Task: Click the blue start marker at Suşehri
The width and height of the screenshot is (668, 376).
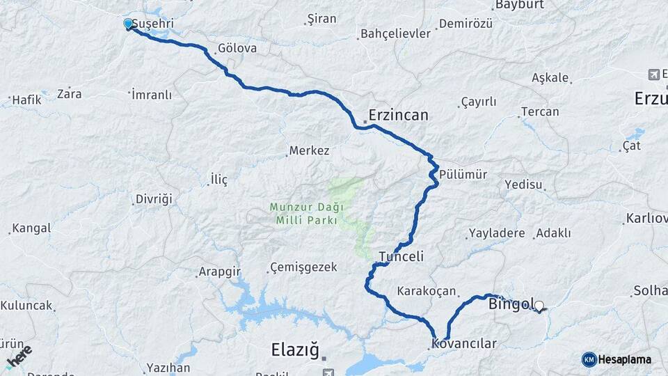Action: coord(128,24)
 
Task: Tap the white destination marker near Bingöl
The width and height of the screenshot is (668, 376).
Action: coord(539,305)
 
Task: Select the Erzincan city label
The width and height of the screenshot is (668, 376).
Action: coord(398,115)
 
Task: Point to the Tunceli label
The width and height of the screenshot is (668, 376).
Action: coord(401,256)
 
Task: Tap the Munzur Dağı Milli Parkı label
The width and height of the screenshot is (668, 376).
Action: coord(304,213)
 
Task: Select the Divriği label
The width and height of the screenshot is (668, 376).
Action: coord(153,199)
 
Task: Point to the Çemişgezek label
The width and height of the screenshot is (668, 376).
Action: coord(303,267)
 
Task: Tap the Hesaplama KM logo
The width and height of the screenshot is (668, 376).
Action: coord(617,359)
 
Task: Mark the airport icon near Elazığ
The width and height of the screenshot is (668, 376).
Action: coord(325,360)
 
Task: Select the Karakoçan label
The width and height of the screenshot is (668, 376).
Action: coord(426,290)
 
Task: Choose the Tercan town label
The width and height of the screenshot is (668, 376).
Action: coord(540,111)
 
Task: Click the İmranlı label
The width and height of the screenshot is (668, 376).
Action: coord(151,95)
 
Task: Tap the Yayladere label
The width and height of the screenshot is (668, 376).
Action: coord(497,233)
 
